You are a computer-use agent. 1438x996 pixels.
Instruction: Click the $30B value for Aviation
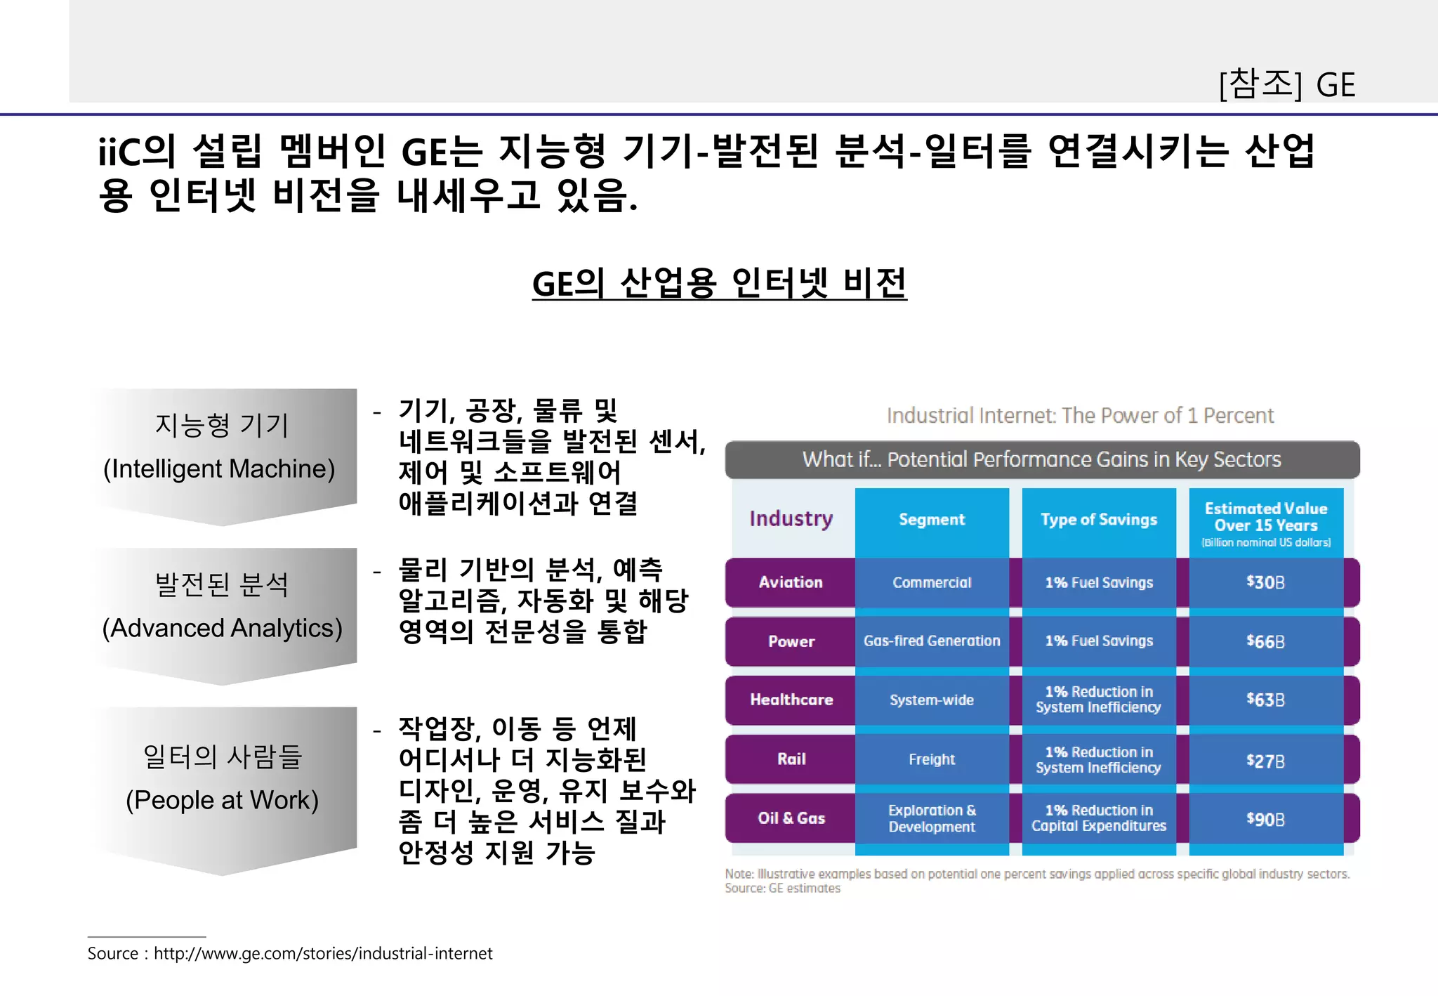click(x=1265, y=582)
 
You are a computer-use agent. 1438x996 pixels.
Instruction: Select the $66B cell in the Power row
click(x=1265, y=641)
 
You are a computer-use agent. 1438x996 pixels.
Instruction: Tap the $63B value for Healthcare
click(x=1265, y=700)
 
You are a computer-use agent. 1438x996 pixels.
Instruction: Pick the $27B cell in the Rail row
click(x=1265, y=761)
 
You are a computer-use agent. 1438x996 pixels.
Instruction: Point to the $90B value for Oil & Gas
click(x=1265, y=819)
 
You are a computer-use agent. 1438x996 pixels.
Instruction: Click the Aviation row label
click(x=791, y=582)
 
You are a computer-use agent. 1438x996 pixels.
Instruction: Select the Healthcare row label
click(x=791, y=700)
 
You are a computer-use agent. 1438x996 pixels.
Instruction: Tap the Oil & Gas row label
click(x=791, y=818)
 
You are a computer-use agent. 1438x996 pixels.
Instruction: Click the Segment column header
click(x=932, y=520)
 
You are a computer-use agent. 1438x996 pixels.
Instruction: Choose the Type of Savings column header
click(x=1099, y=520)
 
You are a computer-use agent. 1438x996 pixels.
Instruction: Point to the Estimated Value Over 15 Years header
click(x=1266, y=518)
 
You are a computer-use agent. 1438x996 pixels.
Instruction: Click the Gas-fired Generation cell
click(x=932, y=641)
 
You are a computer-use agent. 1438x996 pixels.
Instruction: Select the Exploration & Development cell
click(x=932, y=818)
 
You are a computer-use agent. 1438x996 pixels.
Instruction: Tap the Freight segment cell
click(x=932, y=759)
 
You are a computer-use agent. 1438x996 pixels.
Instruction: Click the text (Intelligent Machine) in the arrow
click(x=219, y=468)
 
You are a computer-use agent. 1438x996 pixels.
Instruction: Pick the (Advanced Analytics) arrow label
click(x=222, y=628)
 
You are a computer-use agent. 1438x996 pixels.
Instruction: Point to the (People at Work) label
click(x=222, y=800)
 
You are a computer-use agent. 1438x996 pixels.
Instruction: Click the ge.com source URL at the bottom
click(x=323, y=953)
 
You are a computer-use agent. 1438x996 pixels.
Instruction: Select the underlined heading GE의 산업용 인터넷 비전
click(x=719, y=284)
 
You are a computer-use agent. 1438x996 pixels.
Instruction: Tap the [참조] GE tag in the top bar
click(x=1286, y=85)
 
